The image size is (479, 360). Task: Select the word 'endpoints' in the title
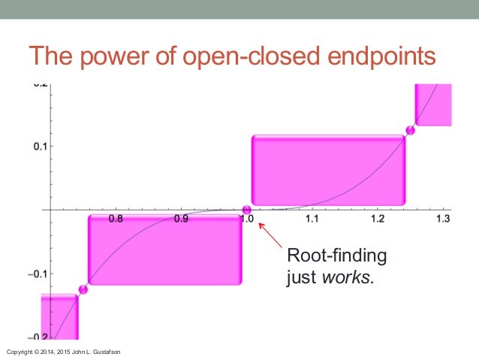[x=378, y=56]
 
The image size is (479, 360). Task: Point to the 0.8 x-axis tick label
[x=116, y=219]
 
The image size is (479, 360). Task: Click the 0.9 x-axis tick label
[x=181, y=219]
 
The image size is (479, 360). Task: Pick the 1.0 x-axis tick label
[x=247, y=219]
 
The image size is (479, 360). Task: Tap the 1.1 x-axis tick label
[x=312, y=219]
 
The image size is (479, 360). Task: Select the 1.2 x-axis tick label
[x=378, y=219]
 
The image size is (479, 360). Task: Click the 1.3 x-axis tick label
[x=442, y=219]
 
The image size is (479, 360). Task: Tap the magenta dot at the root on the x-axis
[x=247, y=210]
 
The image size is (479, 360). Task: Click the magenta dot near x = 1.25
[x=411, y=130]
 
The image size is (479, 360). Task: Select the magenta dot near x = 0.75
[x=83, y=289]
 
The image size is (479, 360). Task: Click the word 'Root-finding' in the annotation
[x=336, y=257]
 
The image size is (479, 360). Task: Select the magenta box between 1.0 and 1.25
[x=328, y=170]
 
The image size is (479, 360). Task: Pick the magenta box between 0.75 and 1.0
[x=164, y=250]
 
